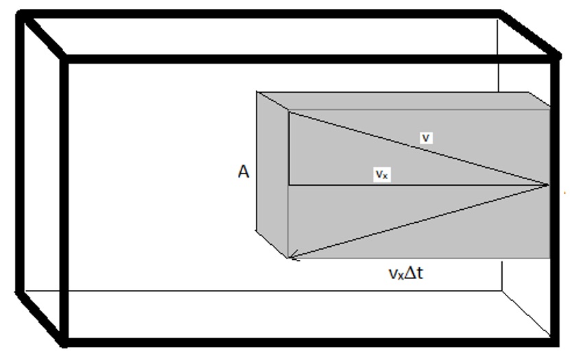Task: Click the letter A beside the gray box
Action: click(244, 172)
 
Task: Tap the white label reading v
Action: click(426, 138)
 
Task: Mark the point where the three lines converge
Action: click(549, 184)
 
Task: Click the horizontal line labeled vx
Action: click(329, 184)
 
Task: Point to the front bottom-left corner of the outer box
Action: click(65, 339)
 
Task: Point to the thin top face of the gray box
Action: click(405, 100)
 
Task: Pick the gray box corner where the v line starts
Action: click(289, 112)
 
